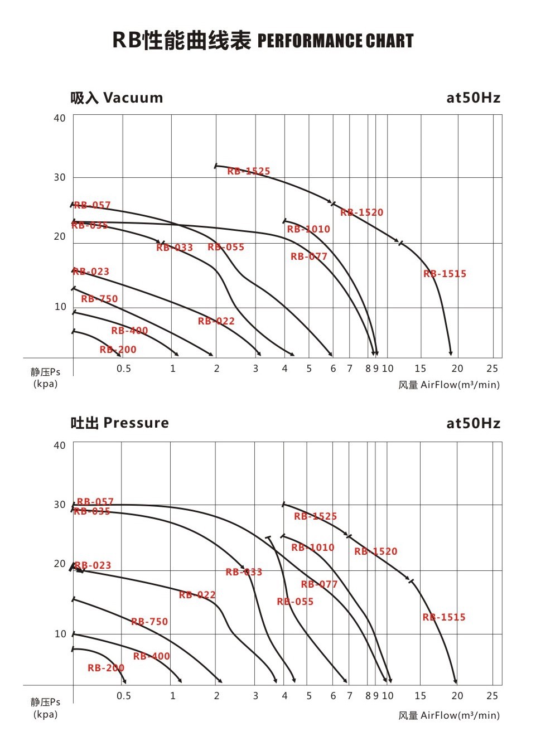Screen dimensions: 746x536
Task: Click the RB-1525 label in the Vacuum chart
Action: pyautogui.click(x=248, y=171)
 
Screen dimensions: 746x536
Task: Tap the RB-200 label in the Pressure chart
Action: pyautogui.click(x=105, y=668)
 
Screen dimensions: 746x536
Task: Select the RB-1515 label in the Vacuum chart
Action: pyautogui.click(x=445, y=274)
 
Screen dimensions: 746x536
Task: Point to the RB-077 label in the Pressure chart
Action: pyautogui.click(x=319, y=584)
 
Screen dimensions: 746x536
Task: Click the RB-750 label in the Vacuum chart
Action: pyautogui.click(x=99, y=299)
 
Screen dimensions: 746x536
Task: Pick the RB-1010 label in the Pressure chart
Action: pyautogui.click(x=312, y=548)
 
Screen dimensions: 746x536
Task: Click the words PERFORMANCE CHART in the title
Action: pyautogui.click(x=335, y=41)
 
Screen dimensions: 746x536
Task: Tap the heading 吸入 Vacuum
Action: pyautogui.click(x=117, y=98)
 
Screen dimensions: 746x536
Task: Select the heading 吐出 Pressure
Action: pyautogui.click(x=119, y=423)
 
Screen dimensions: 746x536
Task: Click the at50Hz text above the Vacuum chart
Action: pyautogui.click(x=473, y=98)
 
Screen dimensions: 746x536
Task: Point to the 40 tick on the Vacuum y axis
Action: pyautogui.click(x=60, y=118)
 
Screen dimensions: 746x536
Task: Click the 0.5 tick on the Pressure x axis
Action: pyautogui.click(x=124, y=696)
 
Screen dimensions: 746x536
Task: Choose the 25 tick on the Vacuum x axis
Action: pyautogui.click(x=492, y=369)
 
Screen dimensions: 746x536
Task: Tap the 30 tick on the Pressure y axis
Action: pyautogui.click(x=60, y=505)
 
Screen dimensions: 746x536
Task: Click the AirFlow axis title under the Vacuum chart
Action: pyautogui.click(x=449, y=385)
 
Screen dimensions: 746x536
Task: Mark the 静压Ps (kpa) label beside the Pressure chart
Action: pyautogui.click(x=45, y=708)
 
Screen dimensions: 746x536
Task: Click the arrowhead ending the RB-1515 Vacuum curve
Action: pyautogui.click(x=451, y=353)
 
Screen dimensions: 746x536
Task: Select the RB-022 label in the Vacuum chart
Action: pyautogui.click(x=216, y=321)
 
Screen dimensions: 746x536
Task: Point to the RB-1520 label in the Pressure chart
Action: pyautogui.click(x=375, y=551)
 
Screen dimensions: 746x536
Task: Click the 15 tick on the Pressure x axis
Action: pyautogui.click(x=420, y=696)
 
